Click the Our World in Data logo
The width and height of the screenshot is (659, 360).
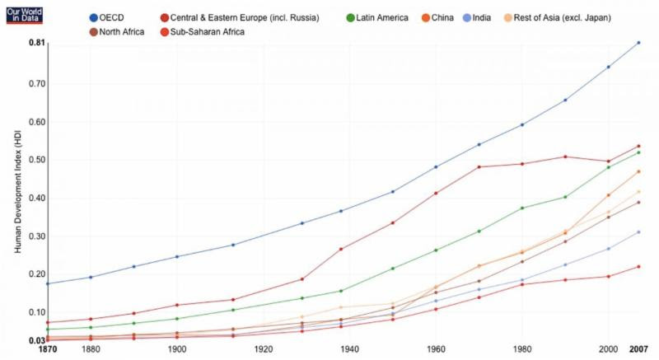click(x=23, y=12)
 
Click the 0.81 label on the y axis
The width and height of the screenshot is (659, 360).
click(x=36, y=42)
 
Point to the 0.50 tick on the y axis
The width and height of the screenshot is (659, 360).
click(x=36, y=160)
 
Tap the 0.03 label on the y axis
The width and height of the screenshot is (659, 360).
click(x=36, y=341)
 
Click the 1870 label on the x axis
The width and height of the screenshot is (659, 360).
click(x=48, y=349)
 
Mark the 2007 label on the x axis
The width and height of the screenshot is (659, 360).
click(x=638, y=349)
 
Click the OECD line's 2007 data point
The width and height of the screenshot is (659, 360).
click(x=638, y=43)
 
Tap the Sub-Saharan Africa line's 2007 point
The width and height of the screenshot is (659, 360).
click(x=638, y=266)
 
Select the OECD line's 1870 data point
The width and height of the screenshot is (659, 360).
click(x=48, y=283)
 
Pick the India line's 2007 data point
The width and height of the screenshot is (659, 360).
click(x=638, y=232)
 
